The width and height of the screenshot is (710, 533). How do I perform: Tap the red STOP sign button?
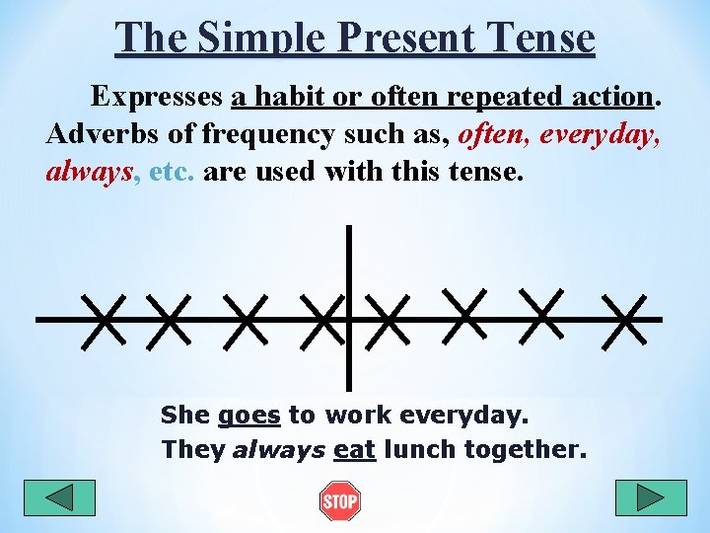point(340,501)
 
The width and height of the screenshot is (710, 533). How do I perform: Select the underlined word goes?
point(249,416)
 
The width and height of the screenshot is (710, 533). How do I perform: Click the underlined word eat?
point(355,450)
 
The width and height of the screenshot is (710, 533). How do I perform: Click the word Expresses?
point(157,97)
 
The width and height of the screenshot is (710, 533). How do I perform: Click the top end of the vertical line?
point(349,229)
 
